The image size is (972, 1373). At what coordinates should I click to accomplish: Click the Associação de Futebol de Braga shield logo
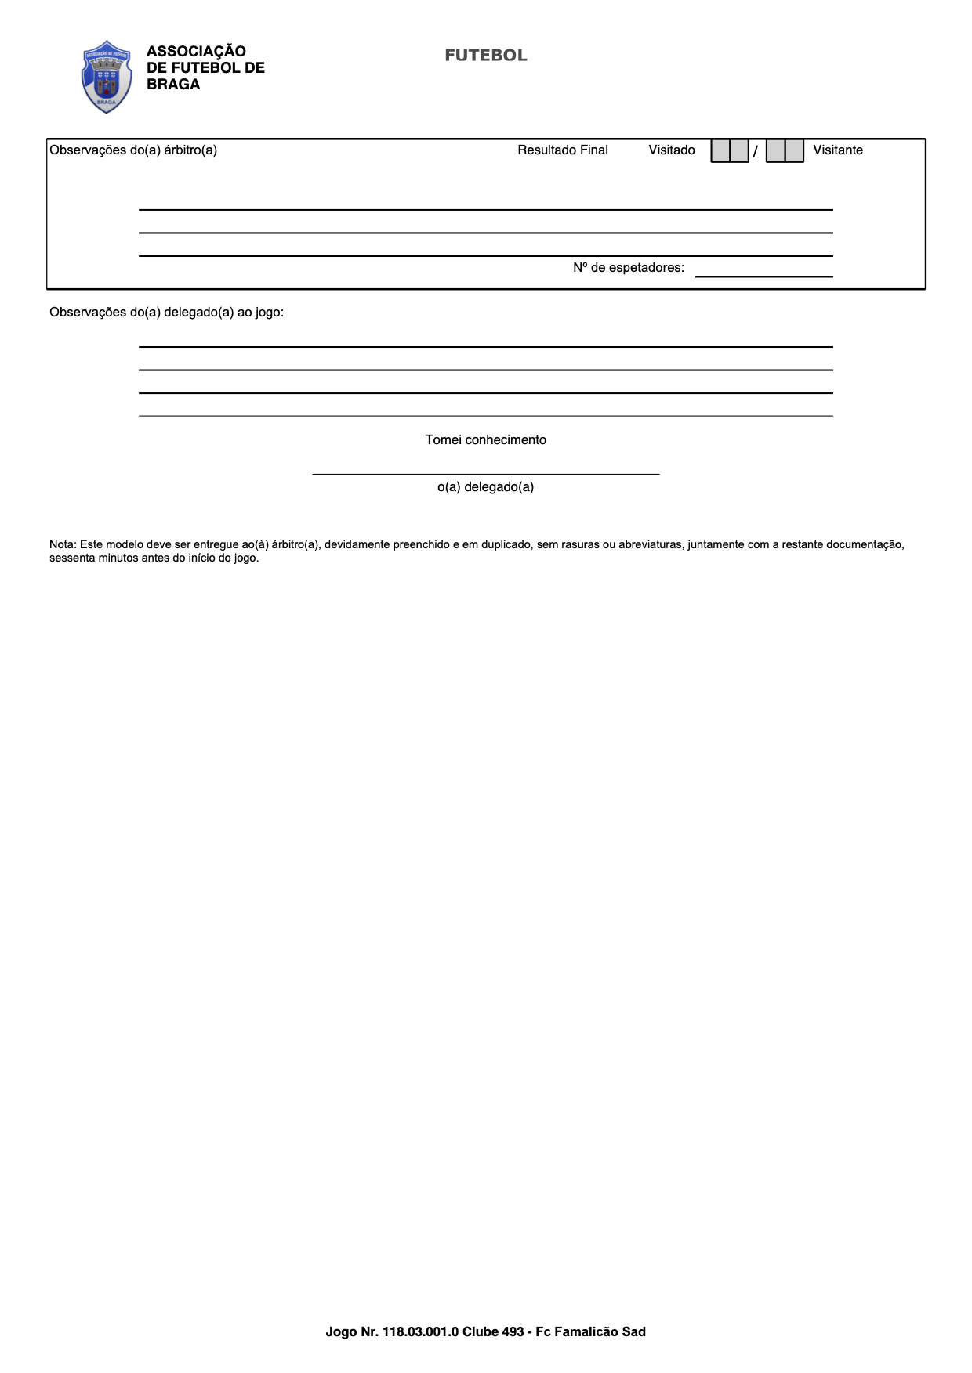(107, 76)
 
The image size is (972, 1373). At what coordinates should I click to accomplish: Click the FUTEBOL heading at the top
(486, 56)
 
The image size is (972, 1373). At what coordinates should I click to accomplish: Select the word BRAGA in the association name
(173, 85)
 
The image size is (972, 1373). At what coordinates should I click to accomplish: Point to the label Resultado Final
(563, 150)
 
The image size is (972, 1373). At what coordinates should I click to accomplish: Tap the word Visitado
(672, 150)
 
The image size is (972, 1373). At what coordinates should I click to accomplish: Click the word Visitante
(838, 150)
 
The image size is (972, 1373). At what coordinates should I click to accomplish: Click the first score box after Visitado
(720, 150)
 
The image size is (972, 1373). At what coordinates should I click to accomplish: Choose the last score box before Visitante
(794, 150)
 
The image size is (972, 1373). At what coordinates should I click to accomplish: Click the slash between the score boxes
(756, 151)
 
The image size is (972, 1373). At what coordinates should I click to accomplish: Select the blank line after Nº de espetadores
(763, 274)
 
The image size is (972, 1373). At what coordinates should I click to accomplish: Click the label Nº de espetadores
(629, 268)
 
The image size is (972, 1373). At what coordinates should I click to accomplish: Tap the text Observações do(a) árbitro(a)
(133, 150)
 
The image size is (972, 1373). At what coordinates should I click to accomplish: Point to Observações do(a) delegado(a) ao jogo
(166, 313)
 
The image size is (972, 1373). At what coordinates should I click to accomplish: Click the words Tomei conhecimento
(486, 440)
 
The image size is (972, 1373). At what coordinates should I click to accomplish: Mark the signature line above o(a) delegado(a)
(486, 473)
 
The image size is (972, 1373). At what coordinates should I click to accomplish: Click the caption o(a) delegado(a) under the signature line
(486, 487)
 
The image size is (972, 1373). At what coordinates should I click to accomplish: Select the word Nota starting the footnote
(63, 544)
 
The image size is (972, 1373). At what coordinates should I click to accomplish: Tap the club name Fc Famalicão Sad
(591, 1331)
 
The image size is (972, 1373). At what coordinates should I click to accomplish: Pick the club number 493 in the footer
(513, 1331)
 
